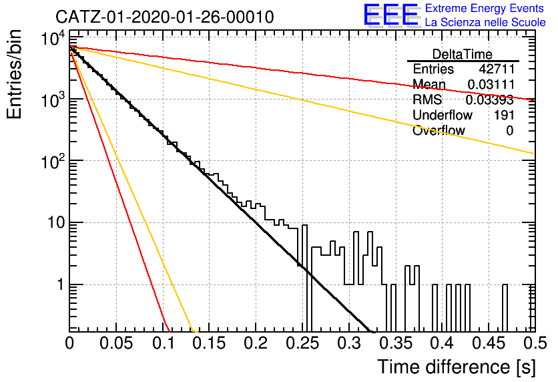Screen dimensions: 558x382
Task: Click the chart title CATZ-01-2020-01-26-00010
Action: coord(165,17)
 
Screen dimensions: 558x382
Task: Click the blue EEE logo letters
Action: coord(390,15)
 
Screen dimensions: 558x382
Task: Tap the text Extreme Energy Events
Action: coord(485,8)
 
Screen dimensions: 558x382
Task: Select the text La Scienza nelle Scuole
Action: coord(485,22)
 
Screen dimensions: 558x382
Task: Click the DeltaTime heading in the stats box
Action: coord(462,54)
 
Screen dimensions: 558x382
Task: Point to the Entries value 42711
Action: coord(497,69)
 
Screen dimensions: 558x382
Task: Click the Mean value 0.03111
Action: coord(491,84)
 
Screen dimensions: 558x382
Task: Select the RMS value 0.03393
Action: coord(490,100)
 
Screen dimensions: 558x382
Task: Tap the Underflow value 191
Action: coord(504,115)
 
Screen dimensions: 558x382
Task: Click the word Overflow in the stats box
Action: coord(439,130)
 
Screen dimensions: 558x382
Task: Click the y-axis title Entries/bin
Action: coord(14,74)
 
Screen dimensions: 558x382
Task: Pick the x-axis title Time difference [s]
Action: coord(457,367)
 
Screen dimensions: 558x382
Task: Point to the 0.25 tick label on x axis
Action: coord(302,343)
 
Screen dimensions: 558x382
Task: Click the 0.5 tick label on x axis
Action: coord(535,343)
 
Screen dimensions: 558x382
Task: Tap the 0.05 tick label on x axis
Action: coord(116,343)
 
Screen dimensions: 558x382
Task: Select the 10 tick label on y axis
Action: coord(57,223)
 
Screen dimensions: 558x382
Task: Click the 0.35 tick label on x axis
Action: coord(396,343)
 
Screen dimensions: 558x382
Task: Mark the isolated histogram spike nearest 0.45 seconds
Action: coord(505,308)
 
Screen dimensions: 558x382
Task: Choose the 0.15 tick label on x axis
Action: coord(210,343)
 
